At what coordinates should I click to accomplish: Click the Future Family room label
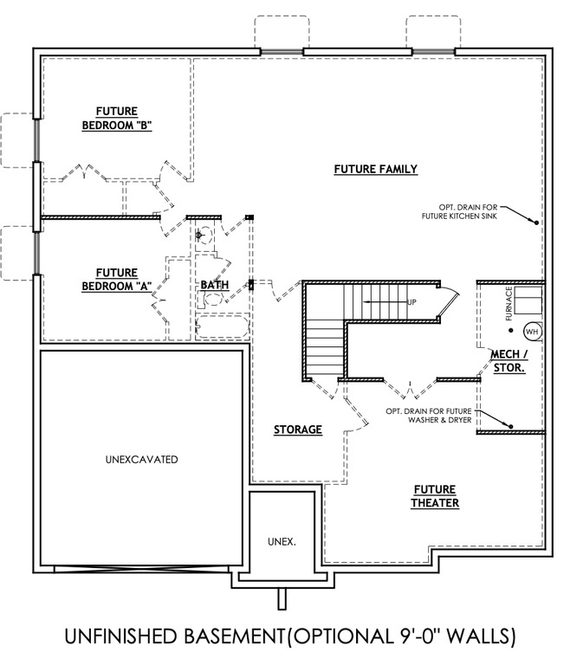[376, 169]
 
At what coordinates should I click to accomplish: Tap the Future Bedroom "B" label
[117, 118]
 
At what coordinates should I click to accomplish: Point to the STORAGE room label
[298, 429]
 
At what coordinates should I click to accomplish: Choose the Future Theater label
[435, 496]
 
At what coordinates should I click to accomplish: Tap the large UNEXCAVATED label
[135, 460]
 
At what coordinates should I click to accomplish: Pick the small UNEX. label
[282, 541]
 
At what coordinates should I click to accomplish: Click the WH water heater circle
[532, 331]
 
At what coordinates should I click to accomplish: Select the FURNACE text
[510, 304]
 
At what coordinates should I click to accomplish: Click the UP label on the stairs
[411, 302]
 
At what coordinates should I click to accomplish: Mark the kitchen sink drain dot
[536, 223]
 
